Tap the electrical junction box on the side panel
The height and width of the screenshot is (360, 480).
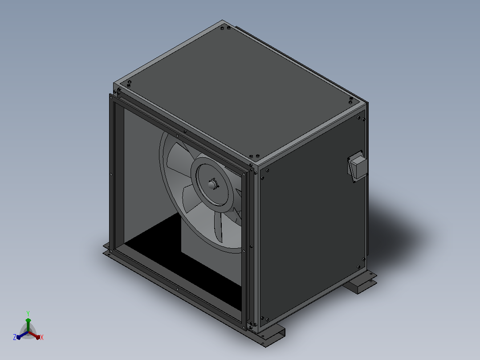[x=358, y=166]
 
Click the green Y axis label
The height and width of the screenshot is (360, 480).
[x=28, y=313]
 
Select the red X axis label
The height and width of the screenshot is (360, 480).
[x=42, y=337]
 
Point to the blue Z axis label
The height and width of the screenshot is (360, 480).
[x=14, y=337]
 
